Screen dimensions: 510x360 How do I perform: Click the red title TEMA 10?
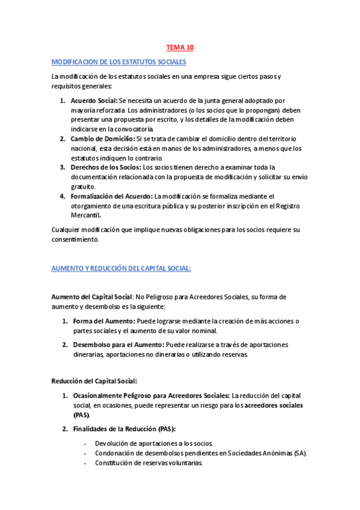(x=180, y=47)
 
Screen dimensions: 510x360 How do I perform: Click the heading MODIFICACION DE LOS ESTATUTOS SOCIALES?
(x=119, y=62)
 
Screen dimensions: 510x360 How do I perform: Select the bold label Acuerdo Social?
(x=94, y=100)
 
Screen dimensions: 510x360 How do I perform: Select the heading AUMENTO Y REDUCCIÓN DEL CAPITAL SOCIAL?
(x=121, y=268)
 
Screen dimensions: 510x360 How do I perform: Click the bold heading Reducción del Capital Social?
(x=94, y=381)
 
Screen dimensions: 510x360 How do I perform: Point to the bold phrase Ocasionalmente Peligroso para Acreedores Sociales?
(x=151, y=395)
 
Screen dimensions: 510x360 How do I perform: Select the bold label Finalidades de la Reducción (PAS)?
(x=120, y=428)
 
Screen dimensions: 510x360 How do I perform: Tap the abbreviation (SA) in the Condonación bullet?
(x=300, y=453)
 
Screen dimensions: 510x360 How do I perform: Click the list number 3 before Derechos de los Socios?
(x=63, y=167)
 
